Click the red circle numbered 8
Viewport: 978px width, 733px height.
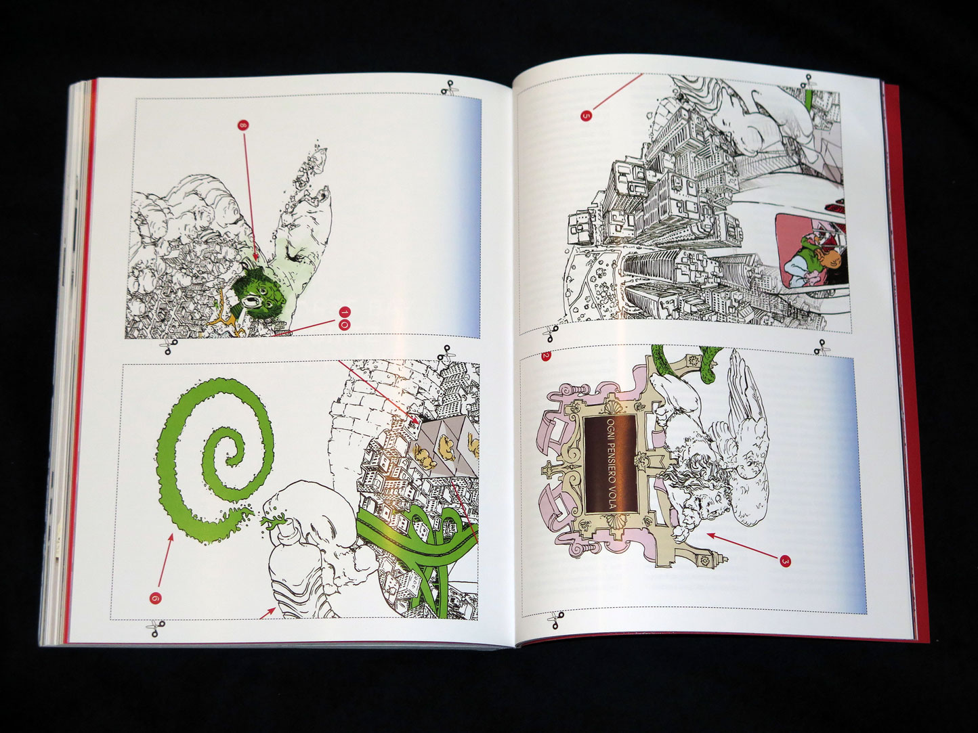coord(243,125)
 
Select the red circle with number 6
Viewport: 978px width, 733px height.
coord(156,598)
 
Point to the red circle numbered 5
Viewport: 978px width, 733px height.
coord(587,115)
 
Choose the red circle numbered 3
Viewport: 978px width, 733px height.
coord(786,561)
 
